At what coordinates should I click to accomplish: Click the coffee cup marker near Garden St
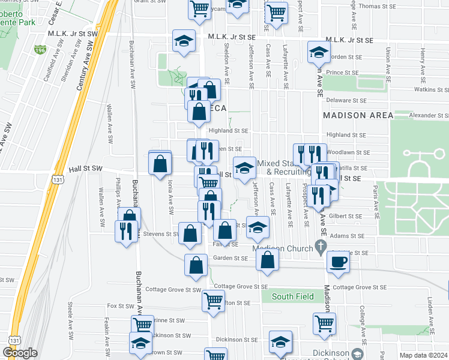[x=338, y=262]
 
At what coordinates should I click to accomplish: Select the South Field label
[x=292, y=296]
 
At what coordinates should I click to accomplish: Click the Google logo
[x=20, y=352]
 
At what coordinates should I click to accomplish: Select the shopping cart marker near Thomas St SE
[x=276, y=12]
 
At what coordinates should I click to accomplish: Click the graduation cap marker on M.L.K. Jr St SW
[x=184, y=41]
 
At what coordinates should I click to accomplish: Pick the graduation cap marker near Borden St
[x=318, y=52]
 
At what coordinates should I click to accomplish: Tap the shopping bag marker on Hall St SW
[x=160, y=163]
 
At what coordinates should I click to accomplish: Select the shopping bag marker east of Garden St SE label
[x=268, y=260]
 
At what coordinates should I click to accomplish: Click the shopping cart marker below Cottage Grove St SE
[x=214, y=301]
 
